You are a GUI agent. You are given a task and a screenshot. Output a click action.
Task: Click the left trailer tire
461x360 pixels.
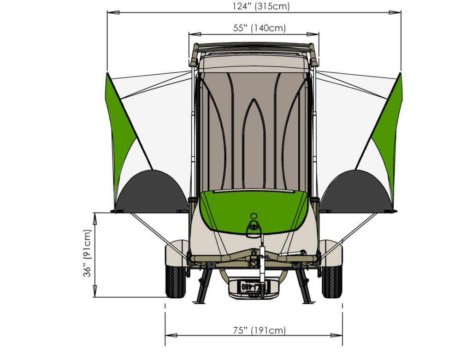coord(175,281)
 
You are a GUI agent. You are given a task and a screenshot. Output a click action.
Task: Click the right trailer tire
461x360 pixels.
coord(332,281)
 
